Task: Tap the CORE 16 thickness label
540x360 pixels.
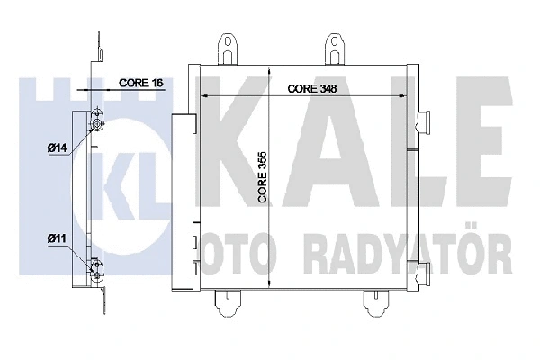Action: point(139,83)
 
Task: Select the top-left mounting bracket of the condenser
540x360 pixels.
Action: point(226,49)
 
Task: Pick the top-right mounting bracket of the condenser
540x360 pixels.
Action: point(336,49)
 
